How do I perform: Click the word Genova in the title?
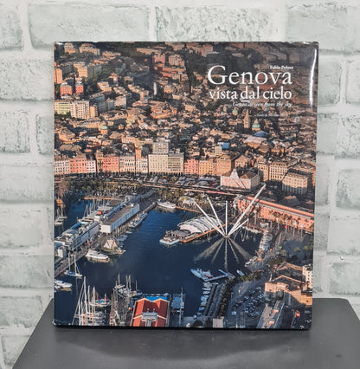(x=249, y=75)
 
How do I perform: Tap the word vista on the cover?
(x=225, y=94)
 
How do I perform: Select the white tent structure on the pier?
(x=197, y=226)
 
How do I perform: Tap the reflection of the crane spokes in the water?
(x=227, y=252)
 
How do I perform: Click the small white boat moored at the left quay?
(x=96, y=256)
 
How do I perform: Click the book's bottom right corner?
(x=312, y=327)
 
